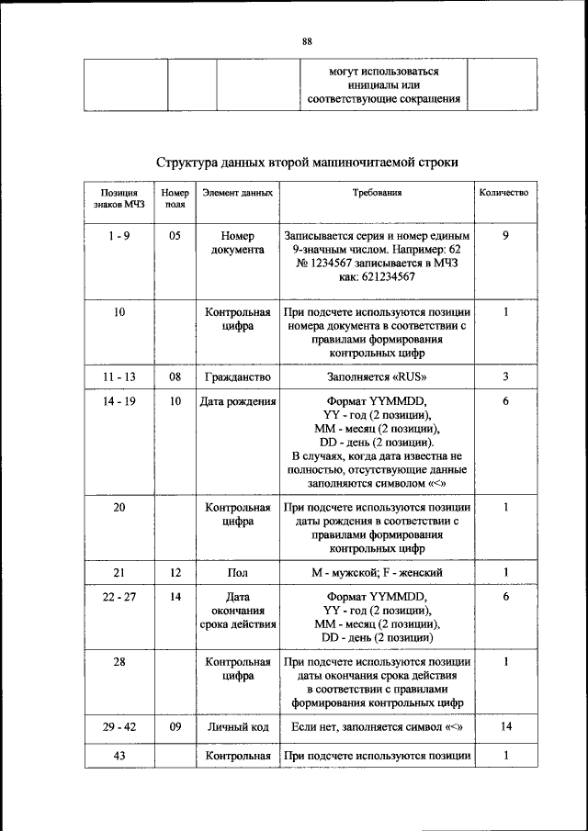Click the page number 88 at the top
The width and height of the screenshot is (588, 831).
pos(307,40)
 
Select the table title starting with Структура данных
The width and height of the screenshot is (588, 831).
pos(307,162)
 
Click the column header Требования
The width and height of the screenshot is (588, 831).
pos(377,194)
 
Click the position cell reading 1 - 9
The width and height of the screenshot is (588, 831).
pos(119,236)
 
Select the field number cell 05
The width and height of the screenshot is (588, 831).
pos(175,236)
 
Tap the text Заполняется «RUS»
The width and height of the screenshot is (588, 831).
pos(377,376)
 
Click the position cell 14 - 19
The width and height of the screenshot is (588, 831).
pos(119,401)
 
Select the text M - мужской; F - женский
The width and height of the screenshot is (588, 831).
pos(377,572)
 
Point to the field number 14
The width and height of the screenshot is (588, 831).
pos(175,597)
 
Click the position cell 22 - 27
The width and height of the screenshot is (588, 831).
pos(119,597)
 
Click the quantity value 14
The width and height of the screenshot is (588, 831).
pos(505,727)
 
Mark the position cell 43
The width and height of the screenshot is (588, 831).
pos(119,755)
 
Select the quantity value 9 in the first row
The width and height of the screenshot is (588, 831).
pos(505,236)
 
